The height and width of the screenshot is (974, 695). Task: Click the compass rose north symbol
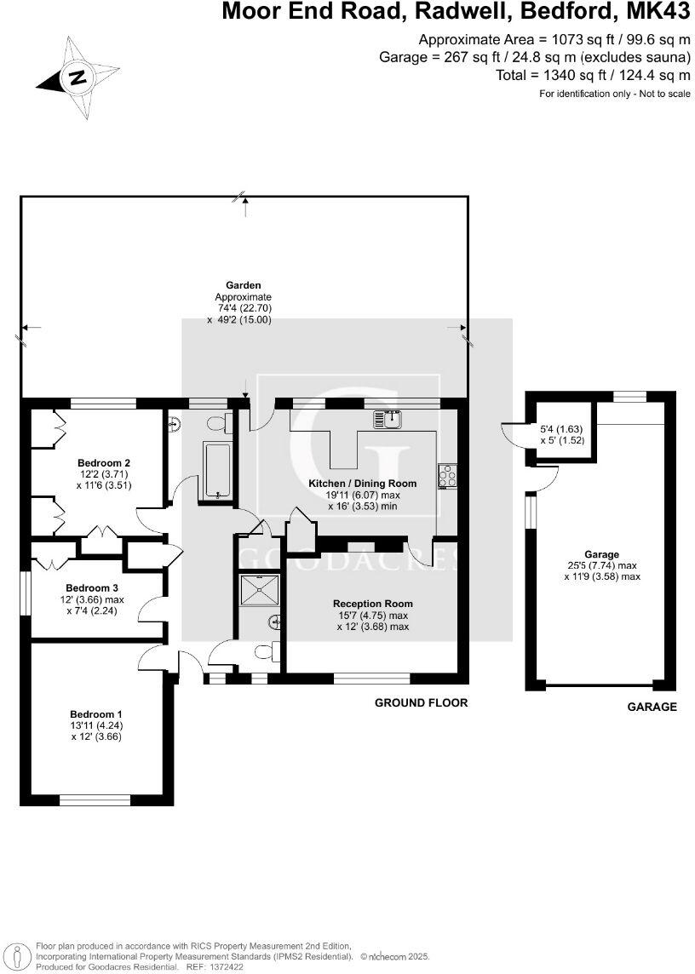tap(78, 78)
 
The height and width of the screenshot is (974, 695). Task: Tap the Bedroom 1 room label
tap(92, 714)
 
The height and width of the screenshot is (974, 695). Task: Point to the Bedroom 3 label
tap(92, 587)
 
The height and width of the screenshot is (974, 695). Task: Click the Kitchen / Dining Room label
tap(363, 484)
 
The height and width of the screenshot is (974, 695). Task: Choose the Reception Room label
tap(373, 604)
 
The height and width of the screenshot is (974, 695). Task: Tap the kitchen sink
tap(388, 419)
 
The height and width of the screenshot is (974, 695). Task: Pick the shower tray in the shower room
tap(260, 588)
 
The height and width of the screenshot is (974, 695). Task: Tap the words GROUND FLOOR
tap(421, 702)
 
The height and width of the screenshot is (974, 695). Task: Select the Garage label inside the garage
tap(602, 554)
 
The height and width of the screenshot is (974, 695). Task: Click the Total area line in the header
tap(593, 75)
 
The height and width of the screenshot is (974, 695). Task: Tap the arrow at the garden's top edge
tap(245, 208)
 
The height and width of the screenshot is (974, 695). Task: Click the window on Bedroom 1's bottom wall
tap(95, 800)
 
